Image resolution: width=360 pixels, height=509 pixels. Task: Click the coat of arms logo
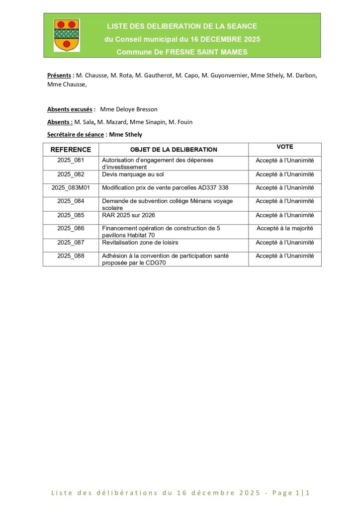click(x=66, y=35)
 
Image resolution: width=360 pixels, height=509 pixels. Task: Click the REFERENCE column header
click(x=71, y=150)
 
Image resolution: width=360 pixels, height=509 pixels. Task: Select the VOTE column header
click(x=285, y=147)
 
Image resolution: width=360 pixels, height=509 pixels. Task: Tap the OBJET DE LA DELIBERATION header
click(x=174, y=150)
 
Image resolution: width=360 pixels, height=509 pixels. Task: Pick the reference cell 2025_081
click(x=71, y=161)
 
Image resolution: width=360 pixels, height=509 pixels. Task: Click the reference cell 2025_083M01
click(x=71, y=188)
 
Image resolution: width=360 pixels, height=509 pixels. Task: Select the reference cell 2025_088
click(x=71, y=256)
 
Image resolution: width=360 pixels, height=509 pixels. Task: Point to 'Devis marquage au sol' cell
click(x=133, y=174)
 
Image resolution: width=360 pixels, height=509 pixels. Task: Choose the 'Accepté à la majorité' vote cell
click(x=285, y=229)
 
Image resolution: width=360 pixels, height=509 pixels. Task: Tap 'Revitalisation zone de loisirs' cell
click(x=140, y=243)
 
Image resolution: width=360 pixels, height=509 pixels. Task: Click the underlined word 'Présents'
click(x=59, y=76)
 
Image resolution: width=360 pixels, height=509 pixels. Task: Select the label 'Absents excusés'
click(x=70, y=109)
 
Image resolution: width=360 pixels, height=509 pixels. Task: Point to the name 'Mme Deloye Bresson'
click(x=129, y=109)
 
